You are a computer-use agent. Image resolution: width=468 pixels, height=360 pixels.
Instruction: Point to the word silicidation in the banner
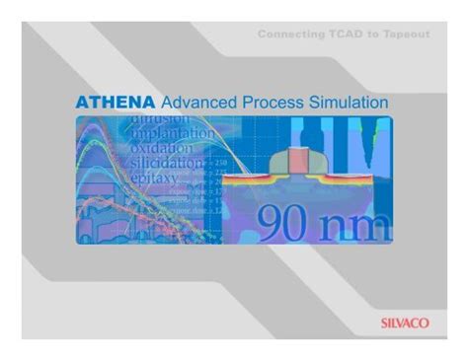pos(166,163)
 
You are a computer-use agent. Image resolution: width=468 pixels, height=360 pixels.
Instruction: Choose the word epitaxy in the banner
pos(152,179)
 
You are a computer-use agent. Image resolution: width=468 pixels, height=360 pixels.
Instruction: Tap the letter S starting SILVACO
pos(384,321)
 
